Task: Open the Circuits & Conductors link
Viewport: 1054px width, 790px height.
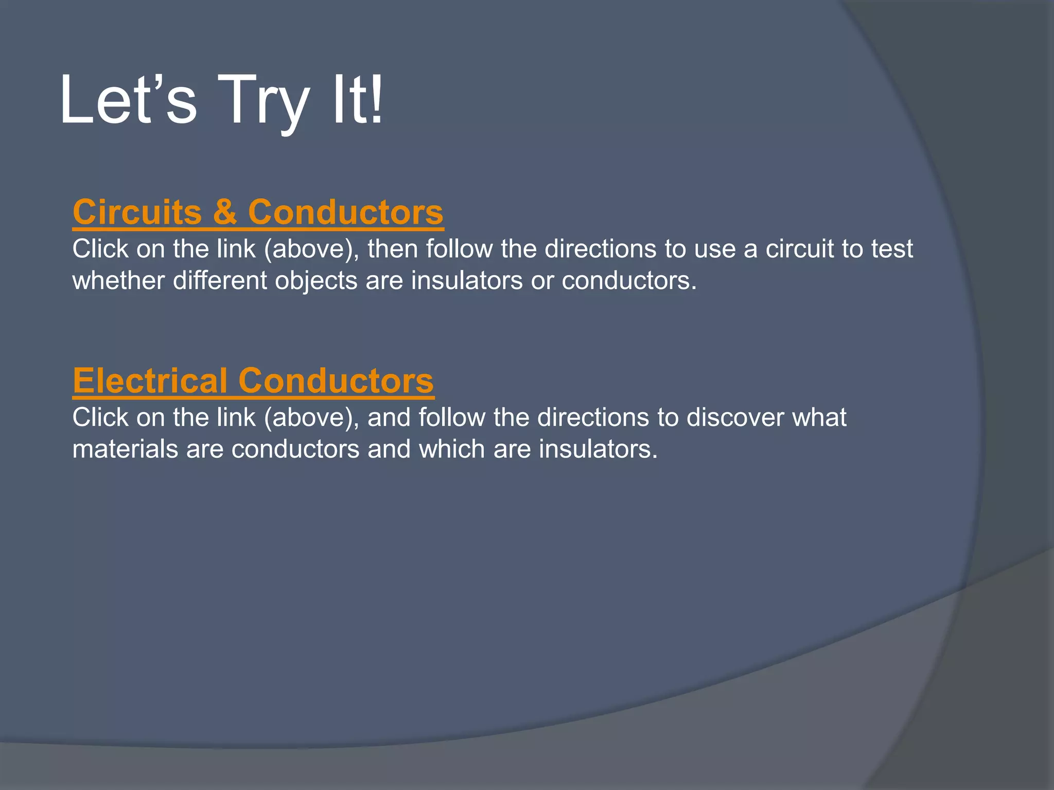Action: tap(258, 212)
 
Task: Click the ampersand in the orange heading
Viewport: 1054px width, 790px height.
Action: tap(225, 212)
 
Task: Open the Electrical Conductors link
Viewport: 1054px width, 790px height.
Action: tap(253, 381)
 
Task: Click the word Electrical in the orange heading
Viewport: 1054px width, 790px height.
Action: tap(150, 381)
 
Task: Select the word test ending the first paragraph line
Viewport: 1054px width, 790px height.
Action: tap(892, 249)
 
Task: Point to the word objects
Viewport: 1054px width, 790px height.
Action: tap(316, 281)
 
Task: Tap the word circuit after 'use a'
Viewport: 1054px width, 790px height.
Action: tap(799, 249)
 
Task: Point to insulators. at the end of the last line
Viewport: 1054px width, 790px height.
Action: tap(599, 449)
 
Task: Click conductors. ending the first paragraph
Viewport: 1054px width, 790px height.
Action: tap(629, 281)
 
